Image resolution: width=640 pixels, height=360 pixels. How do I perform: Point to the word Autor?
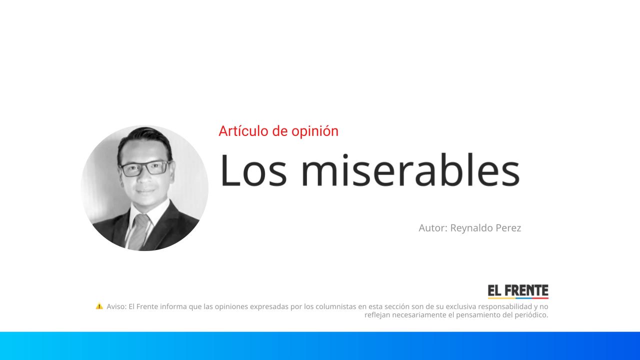click(x=432, y=228)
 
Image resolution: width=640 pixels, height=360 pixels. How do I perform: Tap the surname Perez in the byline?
click(x=508, y=228)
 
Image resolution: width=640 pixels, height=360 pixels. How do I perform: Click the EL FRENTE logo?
click(x=518, y=291)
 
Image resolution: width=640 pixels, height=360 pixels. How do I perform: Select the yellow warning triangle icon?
click(x=99, y=306)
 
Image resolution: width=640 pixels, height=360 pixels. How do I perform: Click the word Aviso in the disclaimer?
click(x=116, y=306)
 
